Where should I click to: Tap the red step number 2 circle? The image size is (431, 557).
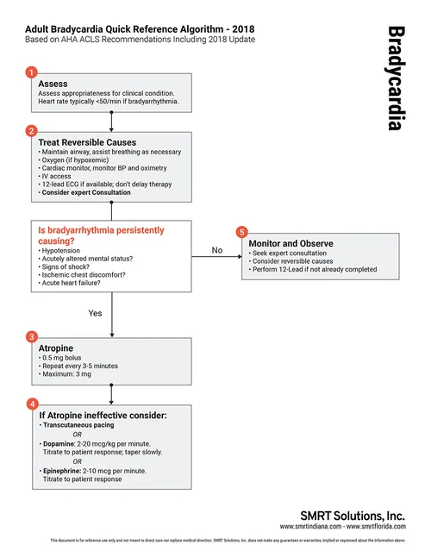click(x=31, y=131)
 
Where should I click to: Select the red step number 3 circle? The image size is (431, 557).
click(x=31, y=335)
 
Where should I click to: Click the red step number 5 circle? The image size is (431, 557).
click(x=242, y=232)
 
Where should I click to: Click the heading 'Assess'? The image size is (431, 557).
click(x=53, y=84)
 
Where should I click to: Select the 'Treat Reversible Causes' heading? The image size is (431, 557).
click(x=88, y=142)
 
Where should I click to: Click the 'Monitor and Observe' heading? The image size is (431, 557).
click(x=290, y=244)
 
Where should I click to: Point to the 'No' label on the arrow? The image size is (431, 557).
click(x=217, y=250)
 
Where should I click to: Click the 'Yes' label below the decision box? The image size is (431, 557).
click(x=96, y=313)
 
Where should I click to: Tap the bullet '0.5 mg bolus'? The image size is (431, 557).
click(x=69, y=357)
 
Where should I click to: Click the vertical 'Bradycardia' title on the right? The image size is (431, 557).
click(x=395, y=78)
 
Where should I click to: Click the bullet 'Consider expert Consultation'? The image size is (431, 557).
click(x=86, y=192)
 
